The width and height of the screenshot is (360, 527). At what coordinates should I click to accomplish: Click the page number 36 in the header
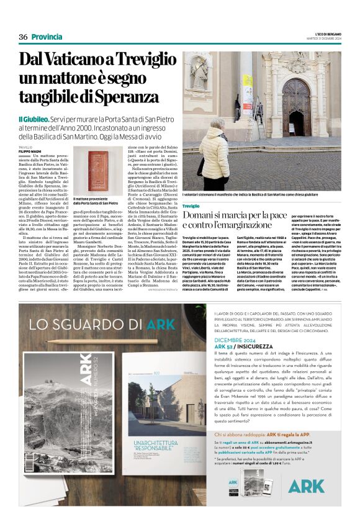click(23, 37)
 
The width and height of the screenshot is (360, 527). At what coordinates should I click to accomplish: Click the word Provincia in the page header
click(47, 37)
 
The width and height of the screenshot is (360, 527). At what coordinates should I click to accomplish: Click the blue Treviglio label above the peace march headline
click(191, 205)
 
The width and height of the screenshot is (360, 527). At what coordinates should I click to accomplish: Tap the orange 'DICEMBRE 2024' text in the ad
click(233, 340)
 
